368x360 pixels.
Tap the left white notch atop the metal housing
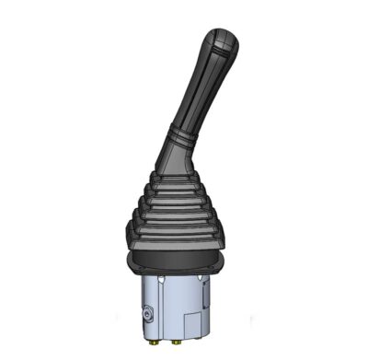[x=161, y=276]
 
